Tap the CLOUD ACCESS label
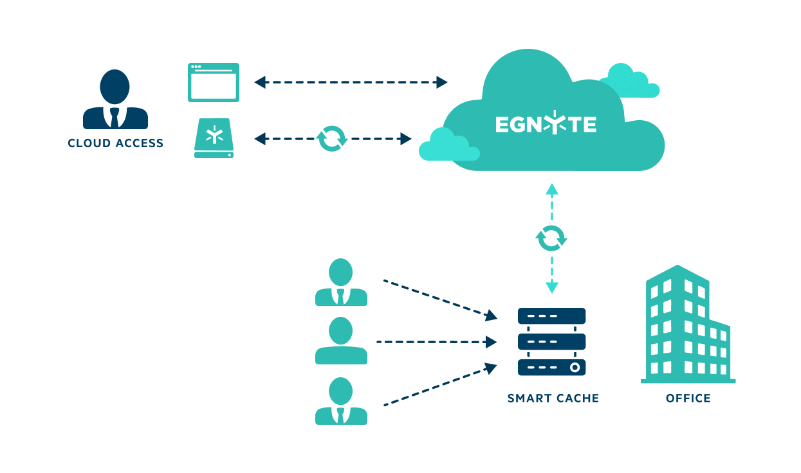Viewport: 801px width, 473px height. pyautogui.click(x=116, y=143)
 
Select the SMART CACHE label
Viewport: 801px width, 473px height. pyautogui.click(x=553, y=398)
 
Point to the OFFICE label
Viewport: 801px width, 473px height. pyautogui.click(x=688, y=398)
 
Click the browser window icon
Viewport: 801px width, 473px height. pyautogui.click(x=214, y=82)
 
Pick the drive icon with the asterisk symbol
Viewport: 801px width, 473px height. pyautogui.click(x=214, y=138)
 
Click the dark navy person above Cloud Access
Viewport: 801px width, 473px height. pyautogui.click(x=115, y=100)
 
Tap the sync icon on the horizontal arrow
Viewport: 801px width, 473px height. pyautogui.click(x=332, y=138)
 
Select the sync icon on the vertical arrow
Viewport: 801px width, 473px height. pyautogui.click(x=551, y=238)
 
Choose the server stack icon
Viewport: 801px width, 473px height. pyautogui.click(x=551, y=341)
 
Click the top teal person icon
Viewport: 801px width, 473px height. pyautogui.click(x=341, y=282)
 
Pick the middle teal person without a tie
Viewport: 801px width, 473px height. pyautogui.click(x=341, y=341)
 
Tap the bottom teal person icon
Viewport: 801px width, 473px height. pyautogui.click(x=341, y=401)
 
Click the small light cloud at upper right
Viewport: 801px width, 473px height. pyautogui.click(x=629, y=82)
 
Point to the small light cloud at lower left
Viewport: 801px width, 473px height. pyautogui.click(x=447, y=147)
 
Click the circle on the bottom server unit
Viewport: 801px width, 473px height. pyautogui.click(x=575, y=368)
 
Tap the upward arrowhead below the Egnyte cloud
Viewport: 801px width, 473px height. pyautogui.click(x=551, y=189)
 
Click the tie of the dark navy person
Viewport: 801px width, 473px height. pyautogui.click(x=115, y=118)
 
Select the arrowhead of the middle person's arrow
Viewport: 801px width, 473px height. pyautogui.click(x=493, y=342)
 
